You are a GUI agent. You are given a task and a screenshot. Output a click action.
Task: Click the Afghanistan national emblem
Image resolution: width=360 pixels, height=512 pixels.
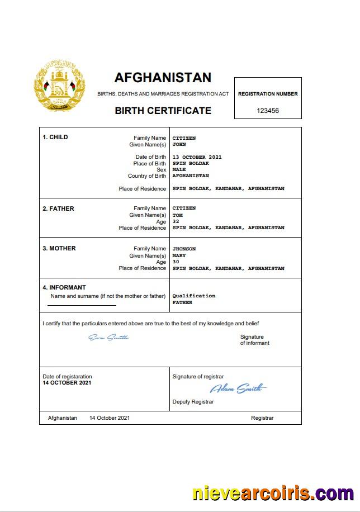[x=60, y=88]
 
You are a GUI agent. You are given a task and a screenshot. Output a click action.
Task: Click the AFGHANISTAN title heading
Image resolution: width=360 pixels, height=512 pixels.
[x=163, y=77]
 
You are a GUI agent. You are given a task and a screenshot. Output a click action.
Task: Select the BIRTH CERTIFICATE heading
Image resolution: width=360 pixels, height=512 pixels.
[x=163, y=111]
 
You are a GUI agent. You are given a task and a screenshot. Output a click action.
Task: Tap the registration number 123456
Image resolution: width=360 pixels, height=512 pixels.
[x=268, y=111]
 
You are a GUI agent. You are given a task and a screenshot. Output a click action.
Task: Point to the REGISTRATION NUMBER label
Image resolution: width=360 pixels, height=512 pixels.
[x=268, y=94]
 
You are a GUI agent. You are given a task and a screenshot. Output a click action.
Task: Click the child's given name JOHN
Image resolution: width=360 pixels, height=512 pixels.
[x=179, y=144]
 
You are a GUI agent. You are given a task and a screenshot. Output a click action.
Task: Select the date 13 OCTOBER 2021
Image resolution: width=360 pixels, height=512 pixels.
[x=197, y=157]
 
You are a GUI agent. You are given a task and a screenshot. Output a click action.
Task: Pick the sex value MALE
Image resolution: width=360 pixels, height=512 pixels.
[x=179, y=169]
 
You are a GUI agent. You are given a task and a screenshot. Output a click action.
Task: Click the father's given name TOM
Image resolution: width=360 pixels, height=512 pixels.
[x=177, y=215]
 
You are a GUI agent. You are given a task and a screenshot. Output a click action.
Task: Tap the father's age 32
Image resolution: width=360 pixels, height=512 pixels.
[x=176, y=221]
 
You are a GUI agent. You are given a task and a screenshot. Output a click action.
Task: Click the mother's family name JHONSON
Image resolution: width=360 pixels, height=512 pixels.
[x=184, y=249]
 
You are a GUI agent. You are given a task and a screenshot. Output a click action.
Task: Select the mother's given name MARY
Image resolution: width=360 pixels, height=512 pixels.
[x=179, y=255]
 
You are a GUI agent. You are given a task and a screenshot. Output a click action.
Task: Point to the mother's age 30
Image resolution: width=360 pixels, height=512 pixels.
[x=176, y=262]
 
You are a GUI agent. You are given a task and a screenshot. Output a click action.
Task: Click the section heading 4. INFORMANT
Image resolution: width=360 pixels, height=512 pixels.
[x=64, y=288]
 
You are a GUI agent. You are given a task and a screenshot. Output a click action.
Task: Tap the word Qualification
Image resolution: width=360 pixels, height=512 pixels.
[x=193, y=296]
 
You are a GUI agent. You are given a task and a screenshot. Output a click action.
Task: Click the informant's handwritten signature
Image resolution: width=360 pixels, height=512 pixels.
[x=109, y=337]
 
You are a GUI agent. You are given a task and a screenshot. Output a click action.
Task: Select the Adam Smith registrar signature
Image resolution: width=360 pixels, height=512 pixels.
[x=238, y=388]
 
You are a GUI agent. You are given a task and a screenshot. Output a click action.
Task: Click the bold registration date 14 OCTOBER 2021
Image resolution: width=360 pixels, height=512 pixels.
[x=67, y=383]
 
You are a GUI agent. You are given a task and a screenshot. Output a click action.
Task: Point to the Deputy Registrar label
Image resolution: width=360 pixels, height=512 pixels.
[x=193, y=402]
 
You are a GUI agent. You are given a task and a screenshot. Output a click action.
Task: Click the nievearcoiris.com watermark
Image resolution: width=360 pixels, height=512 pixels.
[x=273, y=494]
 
